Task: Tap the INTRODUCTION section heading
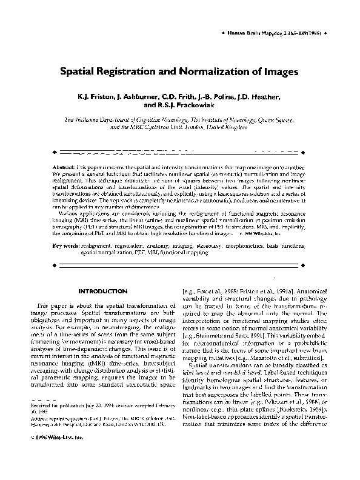click(101, 292)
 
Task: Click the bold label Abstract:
click(63, 165)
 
